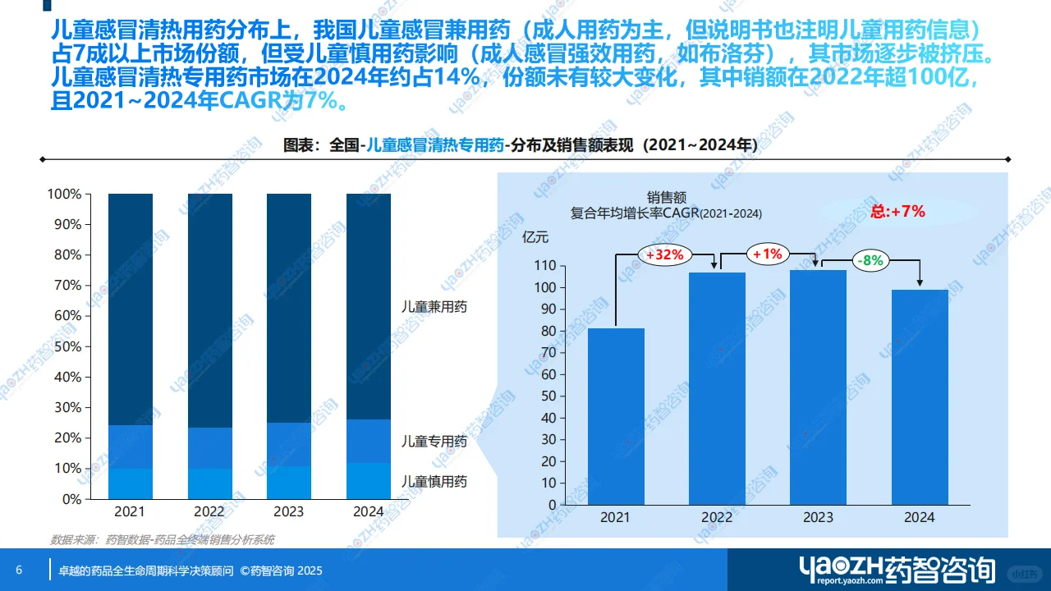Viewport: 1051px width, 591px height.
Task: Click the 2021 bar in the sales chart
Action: coord(616,416)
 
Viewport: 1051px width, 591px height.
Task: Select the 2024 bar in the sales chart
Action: coord(920,397)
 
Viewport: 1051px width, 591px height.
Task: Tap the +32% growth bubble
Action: coord(664,254)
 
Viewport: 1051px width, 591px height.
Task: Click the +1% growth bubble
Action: coord(766,254)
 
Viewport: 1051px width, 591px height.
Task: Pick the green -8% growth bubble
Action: coord(868,260)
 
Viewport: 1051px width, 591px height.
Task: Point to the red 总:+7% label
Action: coord(897,211)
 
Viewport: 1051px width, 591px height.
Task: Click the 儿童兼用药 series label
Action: coord(434,307)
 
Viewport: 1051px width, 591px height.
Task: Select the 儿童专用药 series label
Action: coord(434,442)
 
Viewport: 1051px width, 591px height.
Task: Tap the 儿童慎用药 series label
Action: coord(434,481)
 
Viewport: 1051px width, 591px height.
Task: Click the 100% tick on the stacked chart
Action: coord(65,195)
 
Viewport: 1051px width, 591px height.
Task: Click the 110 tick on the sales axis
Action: coord(544,266)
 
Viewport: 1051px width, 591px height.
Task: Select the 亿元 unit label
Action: coord(535,237)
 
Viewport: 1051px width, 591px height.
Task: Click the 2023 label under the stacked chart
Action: coord(288,511)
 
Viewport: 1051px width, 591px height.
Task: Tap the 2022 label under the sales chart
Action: coord(717,518)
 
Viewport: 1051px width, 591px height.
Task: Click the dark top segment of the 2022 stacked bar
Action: coord(210,310)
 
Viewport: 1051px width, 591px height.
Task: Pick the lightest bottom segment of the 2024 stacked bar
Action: coord(369,481)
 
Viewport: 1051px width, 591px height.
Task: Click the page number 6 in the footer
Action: coord(19,570)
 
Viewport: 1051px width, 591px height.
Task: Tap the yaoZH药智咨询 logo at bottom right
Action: coord(897,570)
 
